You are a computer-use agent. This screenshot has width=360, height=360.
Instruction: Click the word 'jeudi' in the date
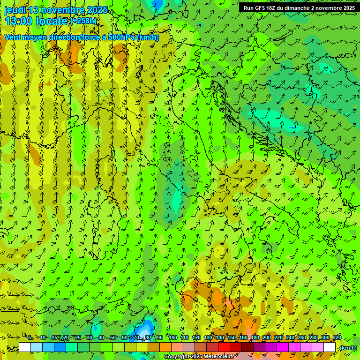[15, 10]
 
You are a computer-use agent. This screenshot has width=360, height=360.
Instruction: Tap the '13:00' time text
[18, 21]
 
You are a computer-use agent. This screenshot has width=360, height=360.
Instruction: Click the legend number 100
[173, 338]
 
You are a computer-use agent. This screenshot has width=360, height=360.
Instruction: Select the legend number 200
[267, 338]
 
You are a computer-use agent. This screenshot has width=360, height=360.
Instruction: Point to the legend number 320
[337, 338]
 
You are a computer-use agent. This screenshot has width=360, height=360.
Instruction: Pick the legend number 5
[30, 338]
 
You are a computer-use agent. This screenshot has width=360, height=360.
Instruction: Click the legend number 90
[160, 338]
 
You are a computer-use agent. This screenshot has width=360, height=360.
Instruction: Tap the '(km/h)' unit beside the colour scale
[348, 348]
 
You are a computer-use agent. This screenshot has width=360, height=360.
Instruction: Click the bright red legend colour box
[224, 347]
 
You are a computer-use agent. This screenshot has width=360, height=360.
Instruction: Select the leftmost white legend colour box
[25, 347]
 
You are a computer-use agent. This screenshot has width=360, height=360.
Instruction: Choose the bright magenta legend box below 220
[283, 347]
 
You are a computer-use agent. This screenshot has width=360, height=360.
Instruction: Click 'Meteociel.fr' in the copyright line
[218, 357]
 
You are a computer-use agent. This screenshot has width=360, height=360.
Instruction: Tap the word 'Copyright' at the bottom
[177, 357]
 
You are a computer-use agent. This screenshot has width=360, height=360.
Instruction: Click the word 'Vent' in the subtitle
[13, 37]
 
